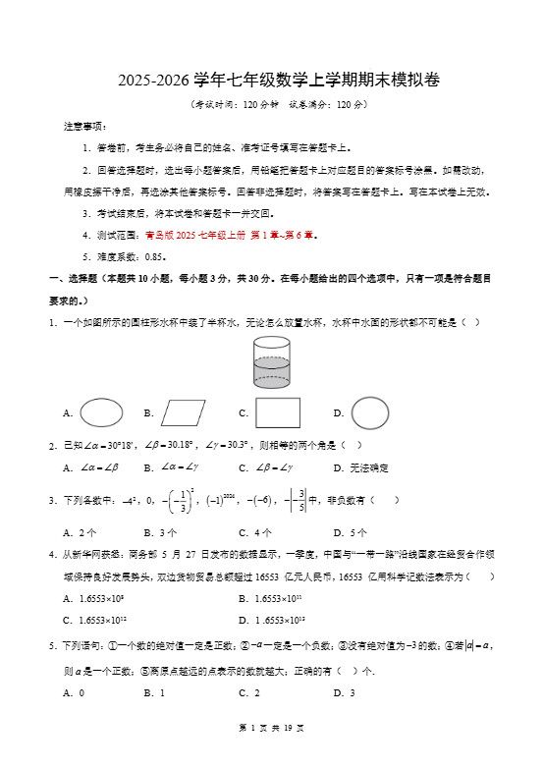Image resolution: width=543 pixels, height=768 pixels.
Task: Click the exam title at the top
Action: [x=272, y=80]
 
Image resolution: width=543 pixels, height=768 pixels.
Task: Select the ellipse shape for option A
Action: [x=102, y=412]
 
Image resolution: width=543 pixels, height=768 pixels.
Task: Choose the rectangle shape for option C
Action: [x=278, y=412]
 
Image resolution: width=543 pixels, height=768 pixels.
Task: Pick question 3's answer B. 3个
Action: [x=160, y=532]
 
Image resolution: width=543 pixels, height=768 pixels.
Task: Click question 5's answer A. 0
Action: [x=74, y=693]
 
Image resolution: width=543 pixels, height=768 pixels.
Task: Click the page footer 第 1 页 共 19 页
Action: [x=271, y=754]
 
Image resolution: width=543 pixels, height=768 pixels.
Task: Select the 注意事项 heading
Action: [x=84, y=126]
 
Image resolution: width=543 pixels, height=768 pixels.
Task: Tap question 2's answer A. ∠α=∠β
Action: [x=95, y=467]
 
